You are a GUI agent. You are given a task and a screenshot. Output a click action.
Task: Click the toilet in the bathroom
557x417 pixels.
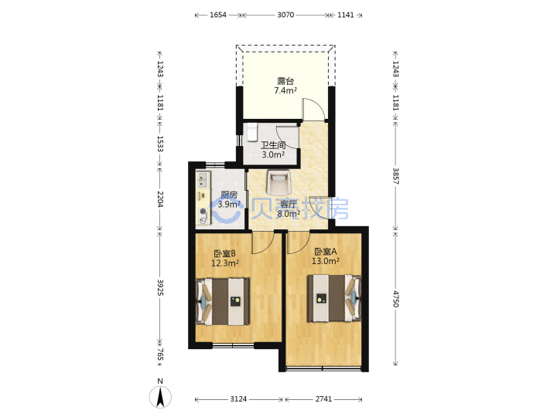[x=252, y=132]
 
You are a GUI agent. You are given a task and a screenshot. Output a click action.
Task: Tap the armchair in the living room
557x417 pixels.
[x=278, y=182]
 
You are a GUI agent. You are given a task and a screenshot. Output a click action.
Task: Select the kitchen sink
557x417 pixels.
[x=203, y=179]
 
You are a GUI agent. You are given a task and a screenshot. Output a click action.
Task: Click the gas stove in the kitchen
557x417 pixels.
[x=203, y=216]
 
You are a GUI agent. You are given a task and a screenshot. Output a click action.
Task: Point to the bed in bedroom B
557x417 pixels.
[x=223, y=301]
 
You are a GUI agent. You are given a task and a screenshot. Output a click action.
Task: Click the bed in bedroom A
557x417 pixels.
[x=334, y=298]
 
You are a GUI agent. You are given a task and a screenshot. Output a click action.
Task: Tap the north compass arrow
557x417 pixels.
[x=160, y=397]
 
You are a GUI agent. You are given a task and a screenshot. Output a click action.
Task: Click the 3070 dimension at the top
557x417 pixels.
[x=285, y=15]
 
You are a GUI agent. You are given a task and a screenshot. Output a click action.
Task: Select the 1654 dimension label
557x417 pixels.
[x=218, y=15]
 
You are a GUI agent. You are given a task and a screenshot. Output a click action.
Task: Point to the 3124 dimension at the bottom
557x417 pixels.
[x=238, y=399]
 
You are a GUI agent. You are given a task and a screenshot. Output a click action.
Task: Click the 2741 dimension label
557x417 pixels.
[x=323, y=399]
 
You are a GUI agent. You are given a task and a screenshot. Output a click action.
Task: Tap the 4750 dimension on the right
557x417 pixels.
[x=396, y=299]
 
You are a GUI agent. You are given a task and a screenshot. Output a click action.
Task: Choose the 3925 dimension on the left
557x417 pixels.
[x=160, y=287]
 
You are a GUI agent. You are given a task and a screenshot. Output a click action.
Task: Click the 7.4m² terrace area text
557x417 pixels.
[x=285, y=90]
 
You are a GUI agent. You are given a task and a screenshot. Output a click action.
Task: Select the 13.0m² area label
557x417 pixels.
[x=326, y=261]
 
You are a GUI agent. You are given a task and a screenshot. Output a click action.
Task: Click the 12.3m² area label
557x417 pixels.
[x=225, y=263]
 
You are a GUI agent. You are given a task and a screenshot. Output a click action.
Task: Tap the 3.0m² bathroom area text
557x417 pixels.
[x=273, y=154]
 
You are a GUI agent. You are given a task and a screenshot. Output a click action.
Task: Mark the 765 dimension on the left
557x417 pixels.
[x=160, y=354]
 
